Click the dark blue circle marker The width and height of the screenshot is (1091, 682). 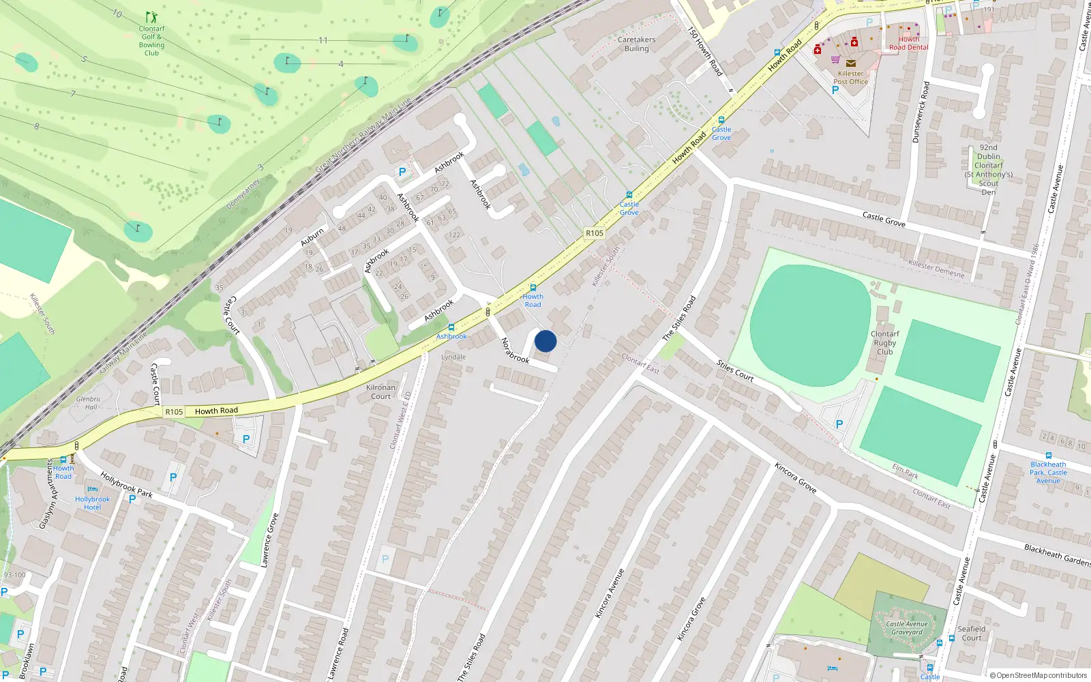(x=545, y=341)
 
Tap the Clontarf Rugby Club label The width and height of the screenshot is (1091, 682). (x=884, y=343)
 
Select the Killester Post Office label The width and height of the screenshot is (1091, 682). (x=850, y=78)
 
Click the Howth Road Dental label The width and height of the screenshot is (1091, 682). (x=908, y=44)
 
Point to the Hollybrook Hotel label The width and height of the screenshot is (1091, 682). (x=93, y=503)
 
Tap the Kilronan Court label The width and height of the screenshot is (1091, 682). (x=380, y=392)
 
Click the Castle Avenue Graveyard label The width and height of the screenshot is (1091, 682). (x=907, y=628)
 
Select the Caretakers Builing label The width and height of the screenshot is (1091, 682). (x=636, y=44)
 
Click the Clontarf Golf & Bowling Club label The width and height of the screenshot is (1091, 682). (x=151, y=41)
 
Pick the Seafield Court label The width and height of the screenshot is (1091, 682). (x=971, y=634)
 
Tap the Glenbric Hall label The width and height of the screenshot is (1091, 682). (x=89, y=403)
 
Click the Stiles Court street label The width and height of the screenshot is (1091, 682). (x=735, y=370)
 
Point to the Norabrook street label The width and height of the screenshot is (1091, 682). (x=515, y=351)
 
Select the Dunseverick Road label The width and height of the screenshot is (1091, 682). (x=921, y=113)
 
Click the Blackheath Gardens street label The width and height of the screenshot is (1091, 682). (x=1057, y=554)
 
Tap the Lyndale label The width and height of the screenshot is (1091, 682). (x=453, y=357)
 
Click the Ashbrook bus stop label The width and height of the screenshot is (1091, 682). (x=451, y=336)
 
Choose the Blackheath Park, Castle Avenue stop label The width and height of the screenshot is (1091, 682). (x=1048, y=473)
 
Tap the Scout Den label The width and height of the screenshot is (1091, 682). (x=988, y=170)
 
